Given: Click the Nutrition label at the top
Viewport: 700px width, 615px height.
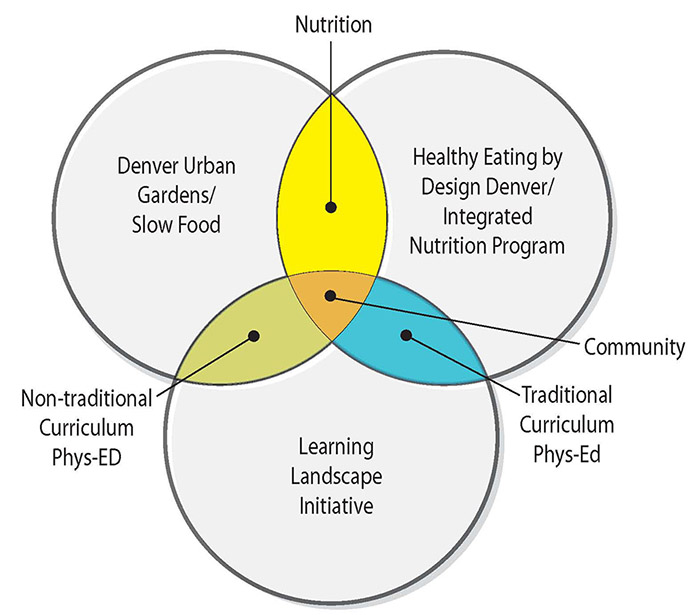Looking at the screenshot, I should coord(332,23).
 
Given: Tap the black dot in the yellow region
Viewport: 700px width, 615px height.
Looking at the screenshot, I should coord(331,208).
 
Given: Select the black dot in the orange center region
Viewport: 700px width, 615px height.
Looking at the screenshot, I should coord(331,297).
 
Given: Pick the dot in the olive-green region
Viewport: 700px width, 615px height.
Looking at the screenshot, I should coord(254,337).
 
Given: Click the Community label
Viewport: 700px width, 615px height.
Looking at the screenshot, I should coord(634,347).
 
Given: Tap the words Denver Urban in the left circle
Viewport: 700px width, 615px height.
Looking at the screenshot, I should coord(176,165).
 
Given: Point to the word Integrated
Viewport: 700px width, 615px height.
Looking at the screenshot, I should coord(480,216).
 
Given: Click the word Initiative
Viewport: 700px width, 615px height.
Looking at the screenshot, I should coord(336,505).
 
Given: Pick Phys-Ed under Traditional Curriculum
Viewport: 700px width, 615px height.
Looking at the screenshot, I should coord(566,454).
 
